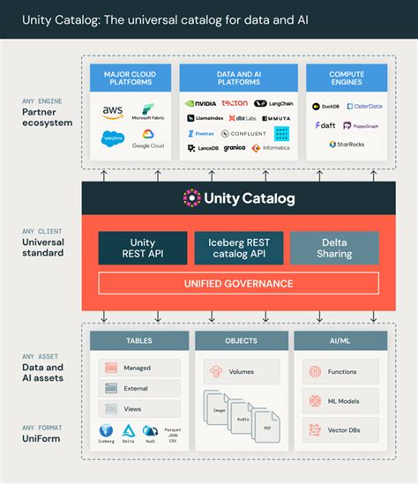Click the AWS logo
coord(112,111)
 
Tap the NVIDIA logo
coord(201,103)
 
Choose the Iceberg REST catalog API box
coord(239,249)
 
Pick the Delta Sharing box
coord(334,249)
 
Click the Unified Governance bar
coord(238,283)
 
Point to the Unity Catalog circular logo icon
coord(192,198)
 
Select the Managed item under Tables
coord(140,368)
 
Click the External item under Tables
coord(140,388)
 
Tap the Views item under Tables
coord(140,409)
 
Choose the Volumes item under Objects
coord(241,371)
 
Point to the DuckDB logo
coord(326,106)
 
